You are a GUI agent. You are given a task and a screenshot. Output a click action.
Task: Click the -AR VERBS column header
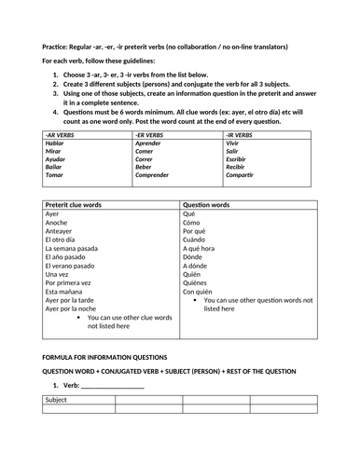point(59,135)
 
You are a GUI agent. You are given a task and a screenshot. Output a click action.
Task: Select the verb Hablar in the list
point(56,144)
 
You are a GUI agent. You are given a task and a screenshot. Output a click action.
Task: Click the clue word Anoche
point(57,223)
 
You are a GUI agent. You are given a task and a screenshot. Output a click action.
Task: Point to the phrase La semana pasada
point(71,252)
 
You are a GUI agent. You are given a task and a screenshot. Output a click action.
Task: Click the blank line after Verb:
point(112,387)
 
